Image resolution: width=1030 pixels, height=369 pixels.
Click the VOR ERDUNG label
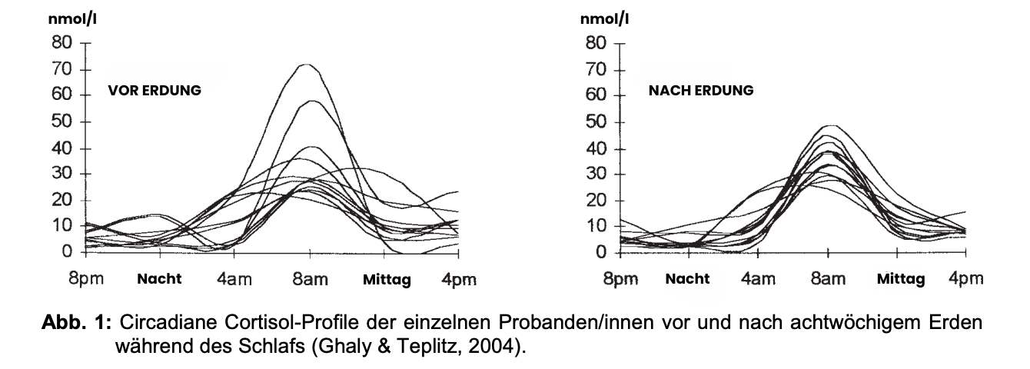click(x=154, y=90)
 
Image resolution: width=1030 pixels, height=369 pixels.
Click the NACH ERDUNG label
click(x=701, y=90)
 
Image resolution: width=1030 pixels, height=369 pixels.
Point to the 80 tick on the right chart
click(x=596, y=43)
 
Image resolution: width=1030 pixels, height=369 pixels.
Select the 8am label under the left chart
click(x=310, y=278)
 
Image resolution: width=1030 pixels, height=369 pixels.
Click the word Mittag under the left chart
click(x=387, y=279)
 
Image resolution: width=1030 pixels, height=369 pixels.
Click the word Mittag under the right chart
click(x=901, y=279)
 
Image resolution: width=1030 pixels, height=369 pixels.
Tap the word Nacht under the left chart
click(x=159, y=279)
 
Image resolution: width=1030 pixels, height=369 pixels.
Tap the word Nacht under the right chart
click(x=687, y=279)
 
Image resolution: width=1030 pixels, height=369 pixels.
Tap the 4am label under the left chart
click(x=235, y=278)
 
